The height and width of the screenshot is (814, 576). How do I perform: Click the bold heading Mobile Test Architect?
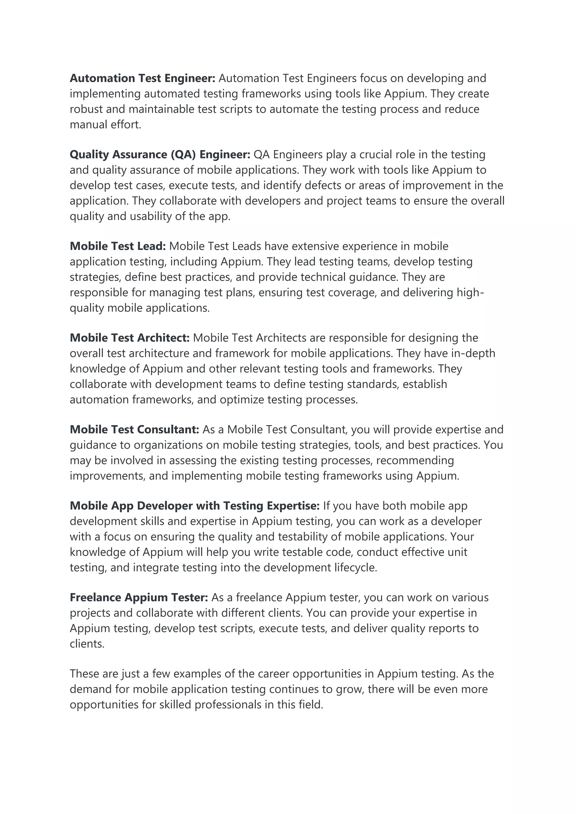click(130, 338)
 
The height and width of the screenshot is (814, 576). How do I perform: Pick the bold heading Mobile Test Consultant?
click(134, 430)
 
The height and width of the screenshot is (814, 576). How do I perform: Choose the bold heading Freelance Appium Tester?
click(139, 598)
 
